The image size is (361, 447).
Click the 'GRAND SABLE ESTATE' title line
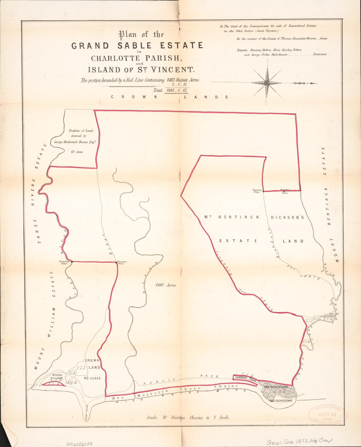click(x=137, y=45)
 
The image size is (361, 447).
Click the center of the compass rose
click(x=267, y=83)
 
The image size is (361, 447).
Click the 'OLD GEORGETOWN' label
click(x=281, y=400)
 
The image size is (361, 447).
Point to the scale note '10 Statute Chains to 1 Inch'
click(x=188, y=417)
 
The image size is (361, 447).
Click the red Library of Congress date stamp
click(x=327, y=414)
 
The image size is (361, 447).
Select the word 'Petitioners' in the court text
click(x=319, y=54)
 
